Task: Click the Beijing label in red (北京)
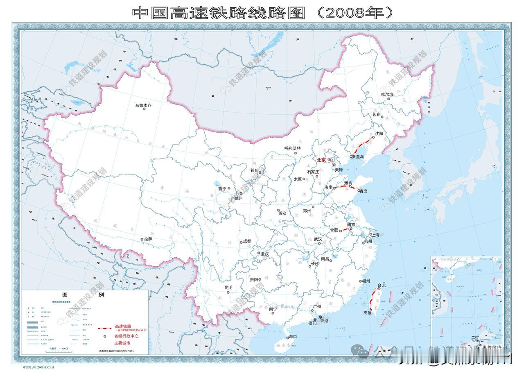[321, 160]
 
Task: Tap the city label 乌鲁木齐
[143, 105]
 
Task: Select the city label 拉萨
[149, 239]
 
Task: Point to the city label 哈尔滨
[387, 94]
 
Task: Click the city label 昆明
[228, 288]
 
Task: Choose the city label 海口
[292, 336]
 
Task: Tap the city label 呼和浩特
[292, 148]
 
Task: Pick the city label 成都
[247, 241]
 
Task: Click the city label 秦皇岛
[359, 157]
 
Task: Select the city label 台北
[382, 285]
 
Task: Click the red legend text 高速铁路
[126, 326]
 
